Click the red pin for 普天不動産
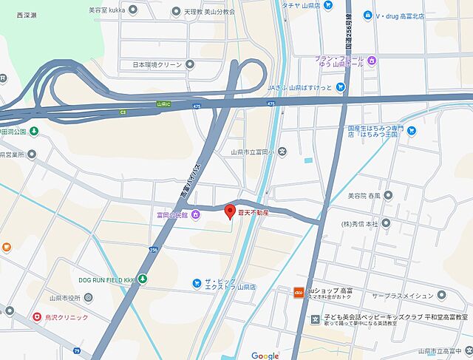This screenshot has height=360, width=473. click(x=229, y=210)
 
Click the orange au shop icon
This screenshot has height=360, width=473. click(x=299, y=291)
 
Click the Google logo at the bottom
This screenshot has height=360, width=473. click(x=265, y=356)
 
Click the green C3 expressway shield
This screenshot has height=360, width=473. click(x=123, y=112)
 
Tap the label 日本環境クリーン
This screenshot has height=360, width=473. click(x=157, y=64)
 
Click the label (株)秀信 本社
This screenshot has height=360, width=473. click(x=360, y=223)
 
